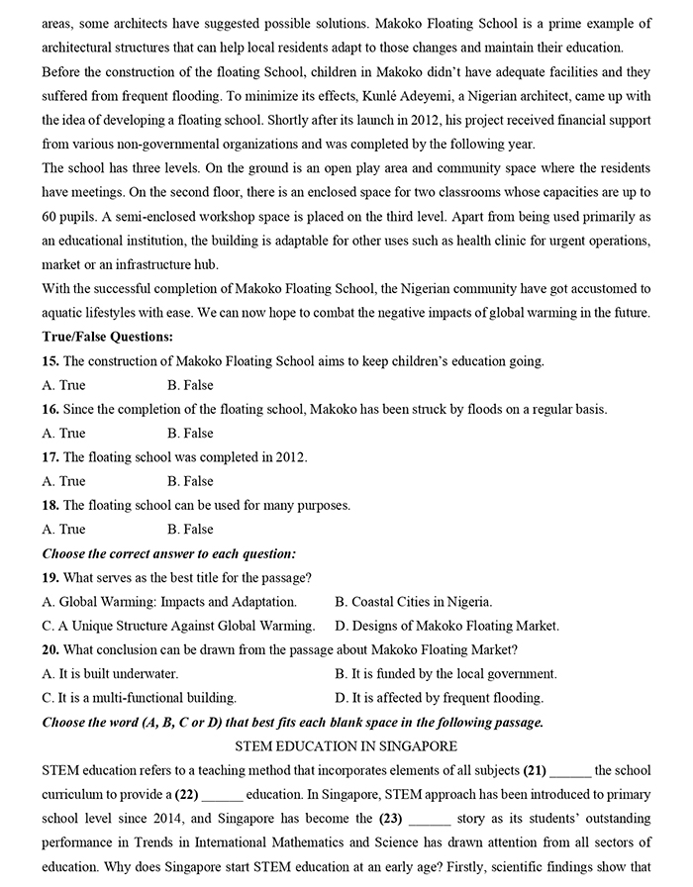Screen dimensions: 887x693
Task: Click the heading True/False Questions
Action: [108, 337]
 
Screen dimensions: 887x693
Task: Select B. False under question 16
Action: [190, 433]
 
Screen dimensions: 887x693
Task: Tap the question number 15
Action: [50, 361]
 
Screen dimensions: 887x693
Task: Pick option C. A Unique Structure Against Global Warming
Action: [178, 625]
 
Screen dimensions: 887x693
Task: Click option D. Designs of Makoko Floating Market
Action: [446, 625]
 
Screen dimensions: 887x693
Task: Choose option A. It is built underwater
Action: [110, 673]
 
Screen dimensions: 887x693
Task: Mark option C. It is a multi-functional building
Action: [140, 697]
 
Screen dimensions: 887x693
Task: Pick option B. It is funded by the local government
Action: [445, 673]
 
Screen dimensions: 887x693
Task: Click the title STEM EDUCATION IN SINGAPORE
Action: [346, 745]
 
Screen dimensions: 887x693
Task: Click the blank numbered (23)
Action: [429, 819]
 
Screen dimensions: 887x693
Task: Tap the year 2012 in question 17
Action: [289, 457]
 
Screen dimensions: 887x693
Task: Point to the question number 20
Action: [50, 649]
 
